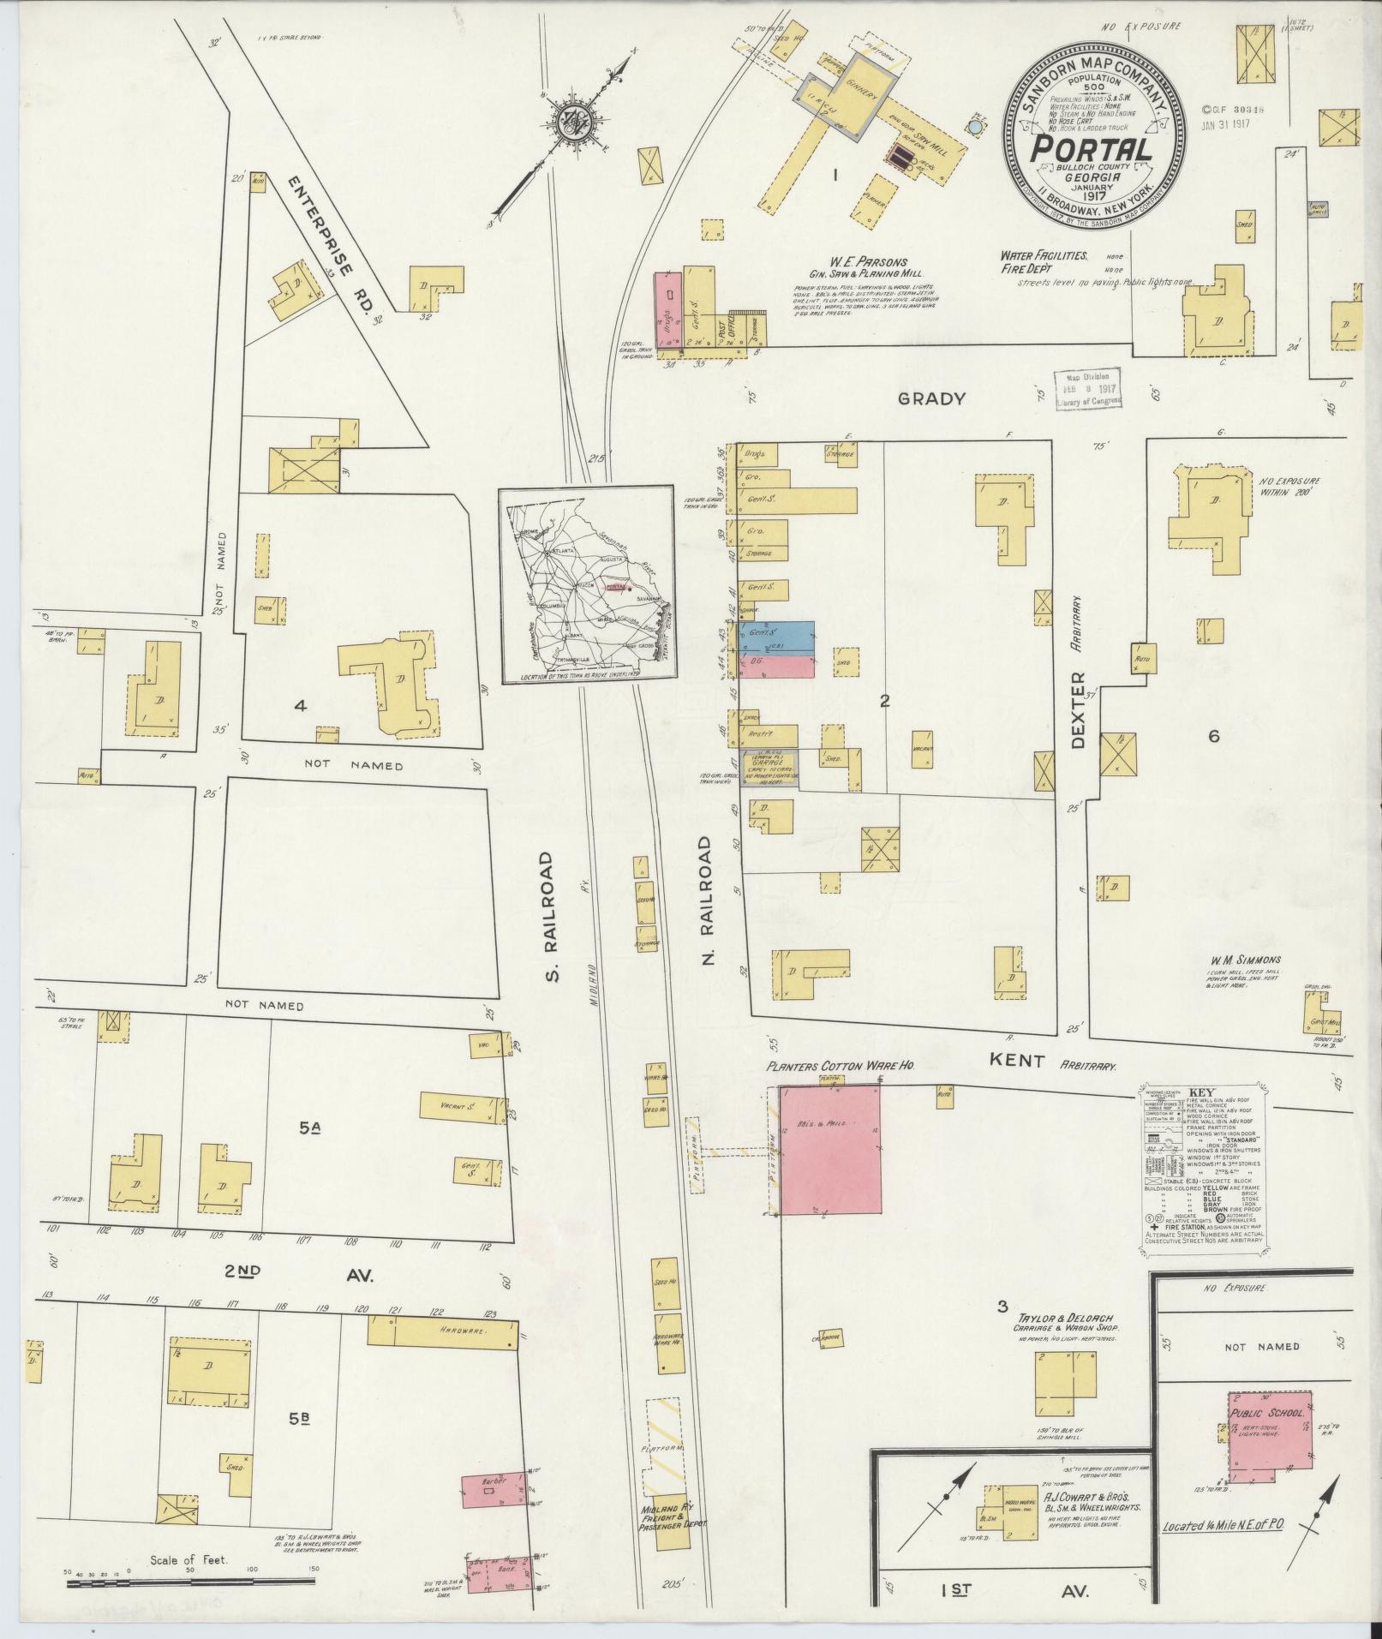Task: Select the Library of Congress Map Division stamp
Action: point(1086,390)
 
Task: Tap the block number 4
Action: point(300,706)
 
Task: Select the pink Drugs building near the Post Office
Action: point(668,308)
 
